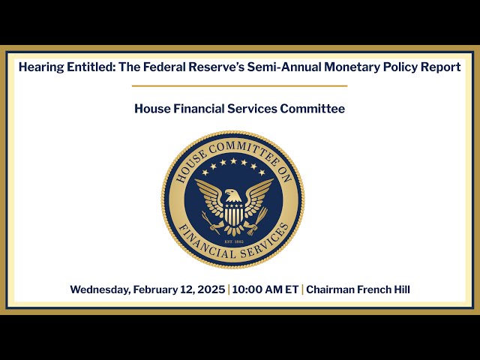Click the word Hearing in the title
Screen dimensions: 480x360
pos(41,67)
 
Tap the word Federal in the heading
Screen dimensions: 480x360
pos(164,67)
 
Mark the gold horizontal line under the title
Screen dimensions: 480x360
pos(240,86)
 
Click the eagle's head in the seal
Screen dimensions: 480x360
pos(232,195)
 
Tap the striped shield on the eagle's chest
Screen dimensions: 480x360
pos(234,214)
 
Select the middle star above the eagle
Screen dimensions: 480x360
pos(233,160)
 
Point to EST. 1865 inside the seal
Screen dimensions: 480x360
pos(234,241)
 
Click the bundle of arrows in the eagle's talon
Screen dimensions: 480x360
pos(258,221)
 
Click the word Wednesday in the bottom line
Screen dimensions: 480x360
pos(100,289)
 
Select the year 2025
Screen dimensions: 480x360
pos(211,289)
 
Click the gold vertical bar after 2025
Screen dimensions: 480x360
pos(229,289)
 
